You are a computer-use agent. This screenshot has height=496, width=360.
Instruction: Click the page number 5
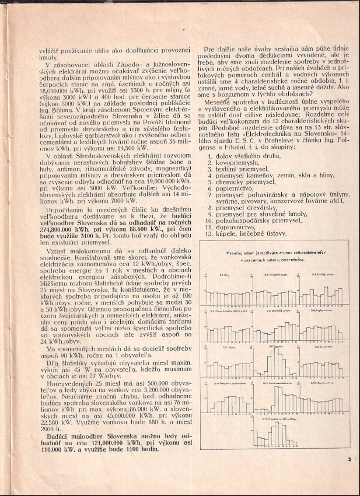[x=348, y=459]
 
